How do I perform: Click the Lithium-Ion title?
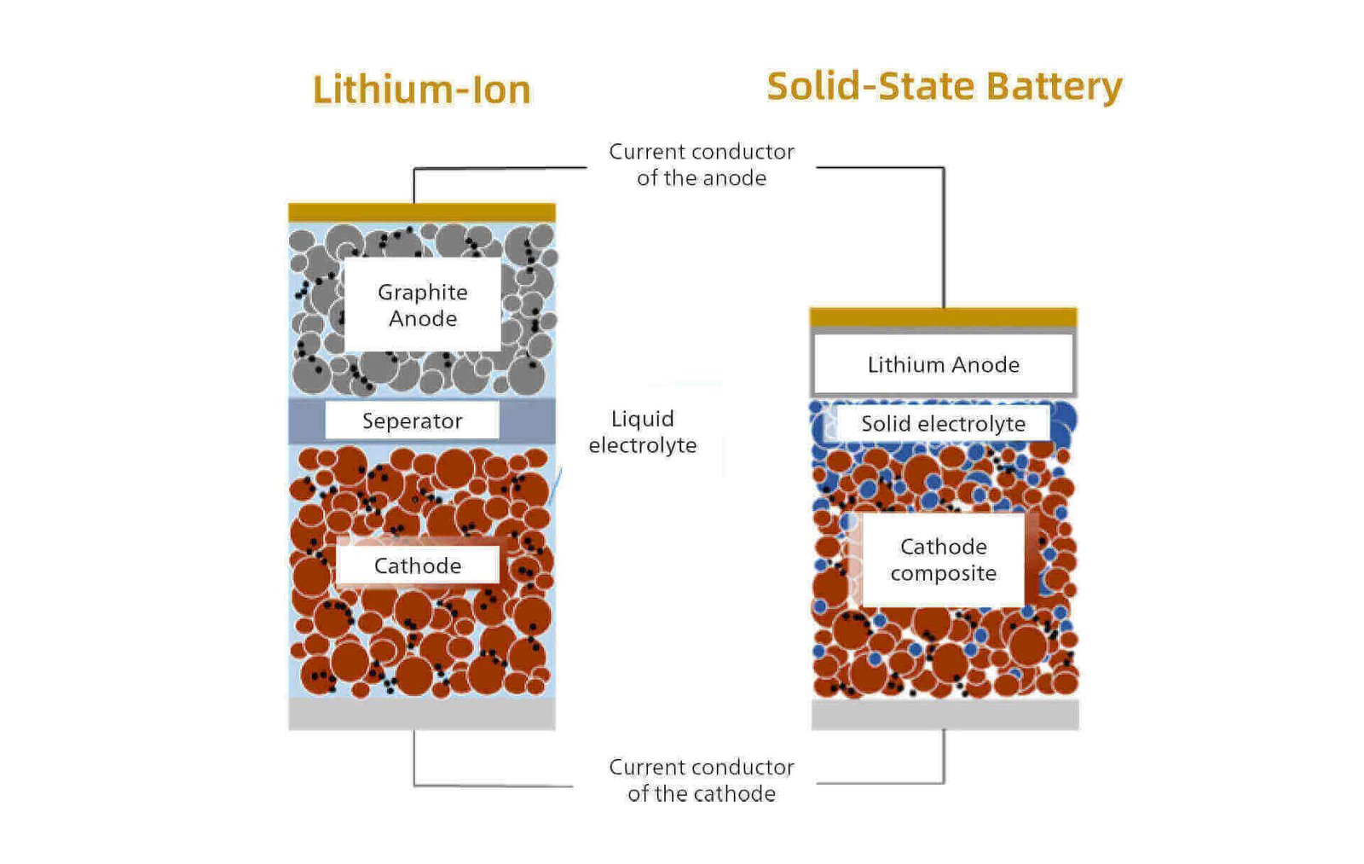point(421,90)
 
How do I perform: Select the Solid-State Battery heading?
point(944,86)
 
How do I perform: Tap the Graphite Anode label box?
point(422,304)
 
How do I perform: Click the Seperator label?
point(412,420)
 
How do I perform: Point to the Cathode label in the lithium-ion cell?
point(417,565)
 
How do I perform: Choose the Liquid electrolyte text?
point(642,432)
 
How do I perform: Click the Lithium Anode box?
point(943,364)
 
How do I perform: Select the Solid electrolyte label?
point(943,424)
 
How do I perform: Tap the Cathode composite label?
point(943,560)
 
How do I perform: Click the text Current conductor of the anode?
point(701,165)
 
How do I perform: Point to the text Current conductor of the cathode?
point(701,780)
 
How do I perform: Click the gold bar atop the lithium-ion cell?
point(421,212)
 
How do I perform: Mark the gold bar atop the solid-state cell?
point(943,316)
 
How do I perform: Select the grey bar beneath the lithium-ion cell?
point(421,714)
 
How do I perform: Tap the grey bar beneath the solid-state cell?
point(944,715)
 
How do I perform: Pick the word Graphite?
point(422,293)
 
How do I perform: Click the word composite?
point(943,573)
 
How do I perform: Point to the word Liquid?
point(642,419)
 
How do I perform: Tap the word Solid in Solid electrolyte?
point(885,424)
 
